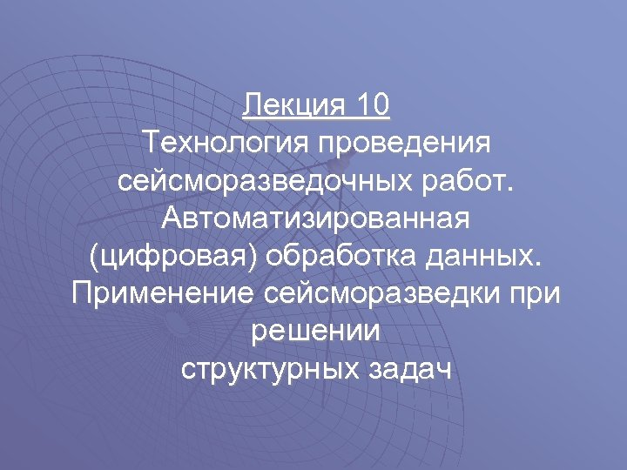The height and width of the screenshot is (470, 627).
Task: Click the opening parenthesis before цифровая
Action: [x=93, y=259]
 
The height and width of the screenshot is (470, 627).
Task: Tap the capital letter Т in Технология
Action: [x=154, y=139]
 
